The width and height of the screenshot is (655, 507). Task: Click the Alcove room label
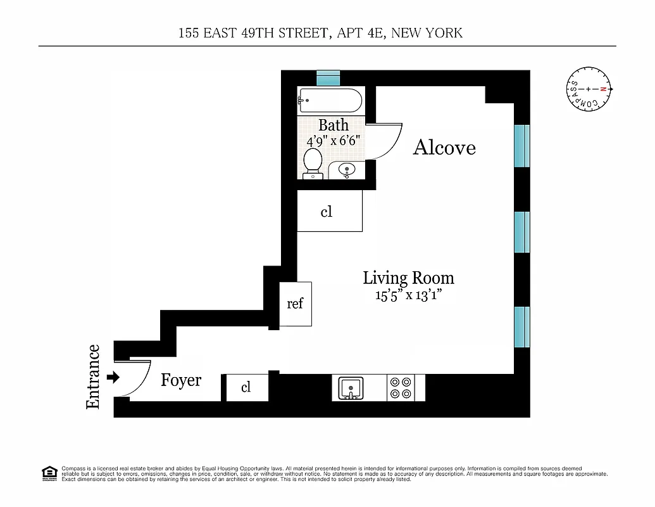pos(444,148)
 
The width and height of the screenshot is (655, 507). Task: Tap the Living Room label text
pos(408,278)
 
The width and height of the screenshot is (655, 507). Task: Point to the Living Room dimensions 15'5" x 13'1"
pos(408,295)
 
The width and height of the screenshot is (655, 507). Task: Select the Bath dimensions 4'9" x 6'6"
pos(333,140)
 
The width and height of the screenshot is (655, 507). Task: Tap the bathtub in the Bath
pos(330,100)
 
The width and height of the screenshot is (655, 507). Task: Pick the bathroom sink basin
pos(347,170)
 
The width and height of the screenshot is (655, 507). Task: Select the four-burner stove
pos(400,387)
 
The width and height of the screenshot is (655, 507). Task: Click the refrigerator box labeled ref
pos(296,304)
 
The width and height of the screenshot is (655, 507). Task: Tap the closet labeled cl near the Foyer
pos(246,387)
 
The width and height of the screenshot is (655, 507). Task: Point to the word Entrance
pos(93,376)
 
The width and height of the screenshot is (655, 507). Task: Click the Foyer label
pos(181,380)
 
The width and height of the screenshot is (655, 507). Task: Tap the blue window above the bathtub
pos(328,78)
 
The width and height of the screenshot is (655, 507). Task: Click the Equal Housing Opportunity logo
pos(49,472)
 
